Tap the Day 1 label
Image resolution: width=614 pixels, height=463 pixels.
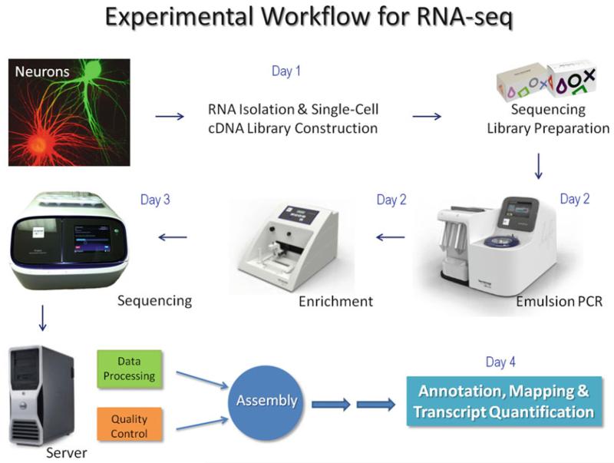286,71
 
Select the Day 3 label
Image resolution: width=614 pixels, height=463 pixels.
155,201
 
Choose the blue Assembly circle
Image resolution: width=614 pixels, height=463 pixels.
266,400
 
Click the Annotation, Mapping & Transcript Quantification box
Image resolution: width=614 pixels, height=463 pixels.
503,402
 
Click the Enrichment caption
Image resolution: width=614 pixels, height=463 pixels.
335,301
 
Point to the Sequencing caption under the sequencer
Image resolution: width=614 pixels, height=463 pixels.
153,299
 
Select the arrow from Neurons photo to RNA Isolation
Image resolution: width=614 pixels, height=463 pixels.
170,117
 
